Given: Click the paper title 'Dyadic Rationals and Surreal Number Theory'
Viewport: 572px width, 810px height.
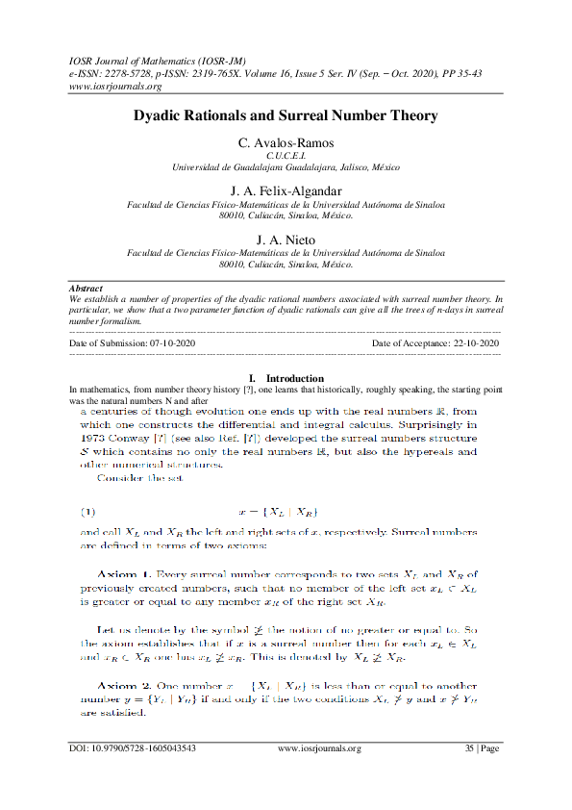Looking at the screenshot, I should [x=286, y=115].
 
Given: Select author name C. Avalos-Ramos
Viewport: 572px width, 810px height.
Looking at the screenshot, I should [x=286, y=143].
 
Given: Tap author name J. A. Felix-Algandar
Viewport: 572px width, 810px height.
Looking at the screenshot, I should [x=286, y=190].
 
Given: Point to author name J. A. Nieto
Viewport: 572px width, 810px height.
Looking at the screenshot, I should [x=286, y=239].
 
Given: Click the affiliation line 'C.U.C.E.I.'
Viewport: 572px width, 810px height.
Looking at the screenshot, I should [x=286, y=155].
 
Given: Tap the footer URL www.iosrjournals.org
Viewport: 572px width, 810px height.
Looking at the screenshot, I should [x=319, y=774].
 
